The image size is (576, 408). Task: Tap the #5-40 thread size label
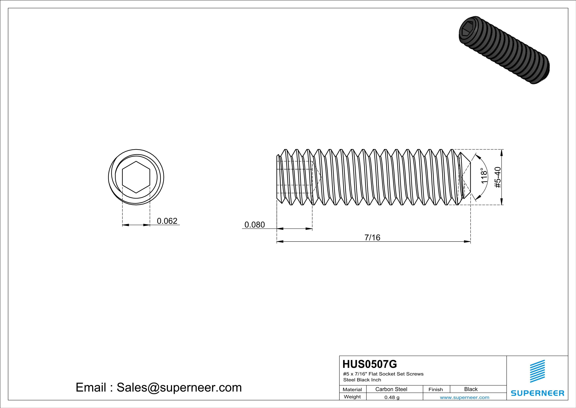tap(497, 177)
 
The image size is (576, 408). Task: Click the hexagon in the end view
tap(136, 177)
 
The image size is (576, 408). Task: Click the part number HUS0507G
tap(370, 364)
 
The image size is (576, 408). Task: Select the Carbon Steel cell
tap(391, 389)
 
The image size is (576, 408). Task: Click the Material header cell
tap(352, 389)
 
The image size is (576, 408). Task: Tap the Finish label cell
tap(436, 389)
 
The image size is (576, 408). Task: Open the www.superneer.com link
tap(464, 397)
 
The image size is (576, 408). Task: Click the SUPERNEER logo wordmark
tap(537, 393)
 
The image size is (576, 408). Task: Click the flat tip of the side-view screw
tap(470, 177)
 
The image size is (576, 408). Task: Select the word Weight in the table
tap(352, 397)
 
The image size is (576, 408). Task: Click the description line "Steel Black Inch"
tap(362, 380)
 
